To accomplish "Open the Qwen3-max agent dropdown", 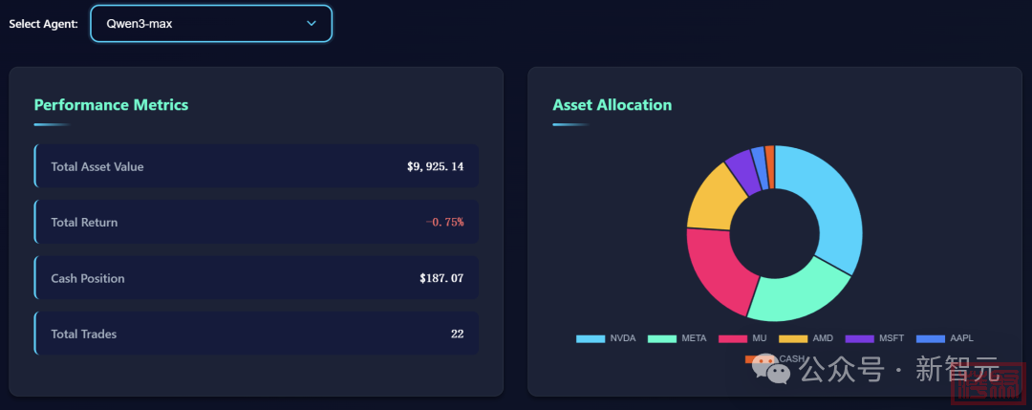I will click(x=210, y=24).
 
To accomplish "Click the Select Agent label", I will click(x=43, y=24).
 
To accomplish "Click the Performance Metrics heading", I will click(x=111, y=105).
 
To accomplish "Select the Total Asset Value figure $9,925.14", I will click(x=435, y=167).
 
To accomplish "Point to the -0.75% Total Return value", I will click(x=444, y=223).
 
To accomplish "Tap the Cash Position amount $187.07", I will click(x=441, y=278).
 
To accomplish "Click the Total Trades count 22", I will click(x=457, y=334).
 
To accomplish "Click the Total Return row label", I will click(x=84, y=223).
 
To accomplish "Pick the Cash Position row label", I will click(x=88, y=278).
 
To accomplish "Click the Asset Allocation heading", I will click(x=612, y=105).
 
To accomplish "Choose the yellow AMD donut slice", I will click(x=712, y=196).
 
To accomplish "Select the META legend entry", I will click(x=677, y=338).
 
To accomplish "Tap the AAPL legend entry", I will click(x=945, y=338).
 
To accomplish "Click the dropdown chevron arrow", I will click(x=312, y=24).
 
